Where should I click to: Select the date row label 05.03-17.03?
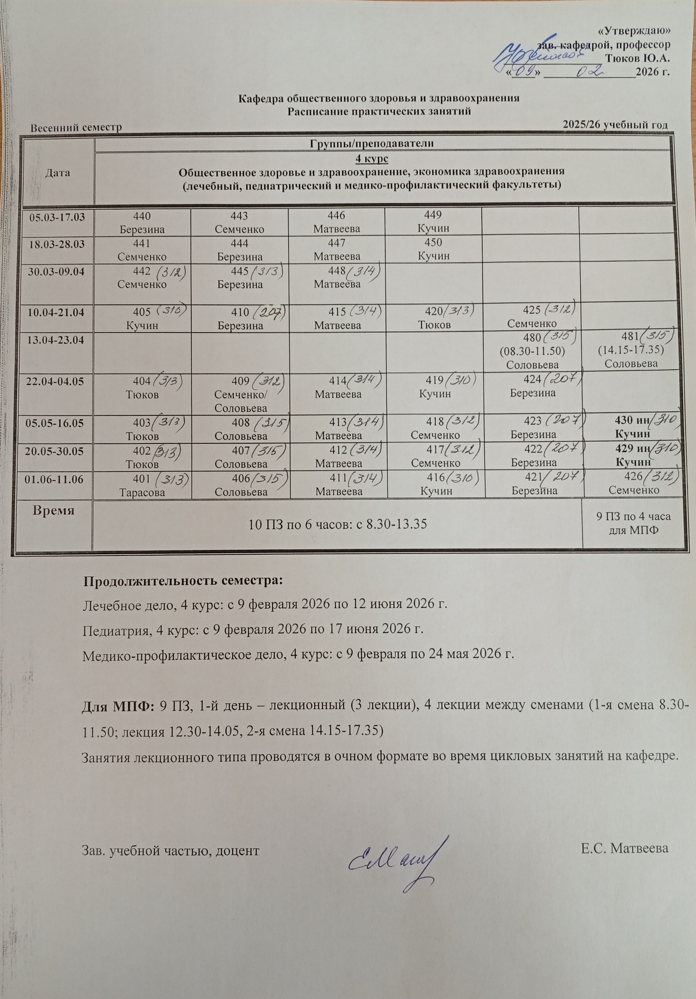[x=57, y=217]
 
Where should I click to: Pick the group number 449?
[x=433, y=214]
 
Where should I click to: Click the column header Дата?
[x=58, y=172]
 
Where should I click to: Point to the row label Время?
[x=54, y=510]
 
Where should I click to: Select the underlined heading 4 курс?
[x=372, y=158]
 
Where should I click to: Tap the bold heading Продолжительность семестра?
[x=183, y=581]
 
